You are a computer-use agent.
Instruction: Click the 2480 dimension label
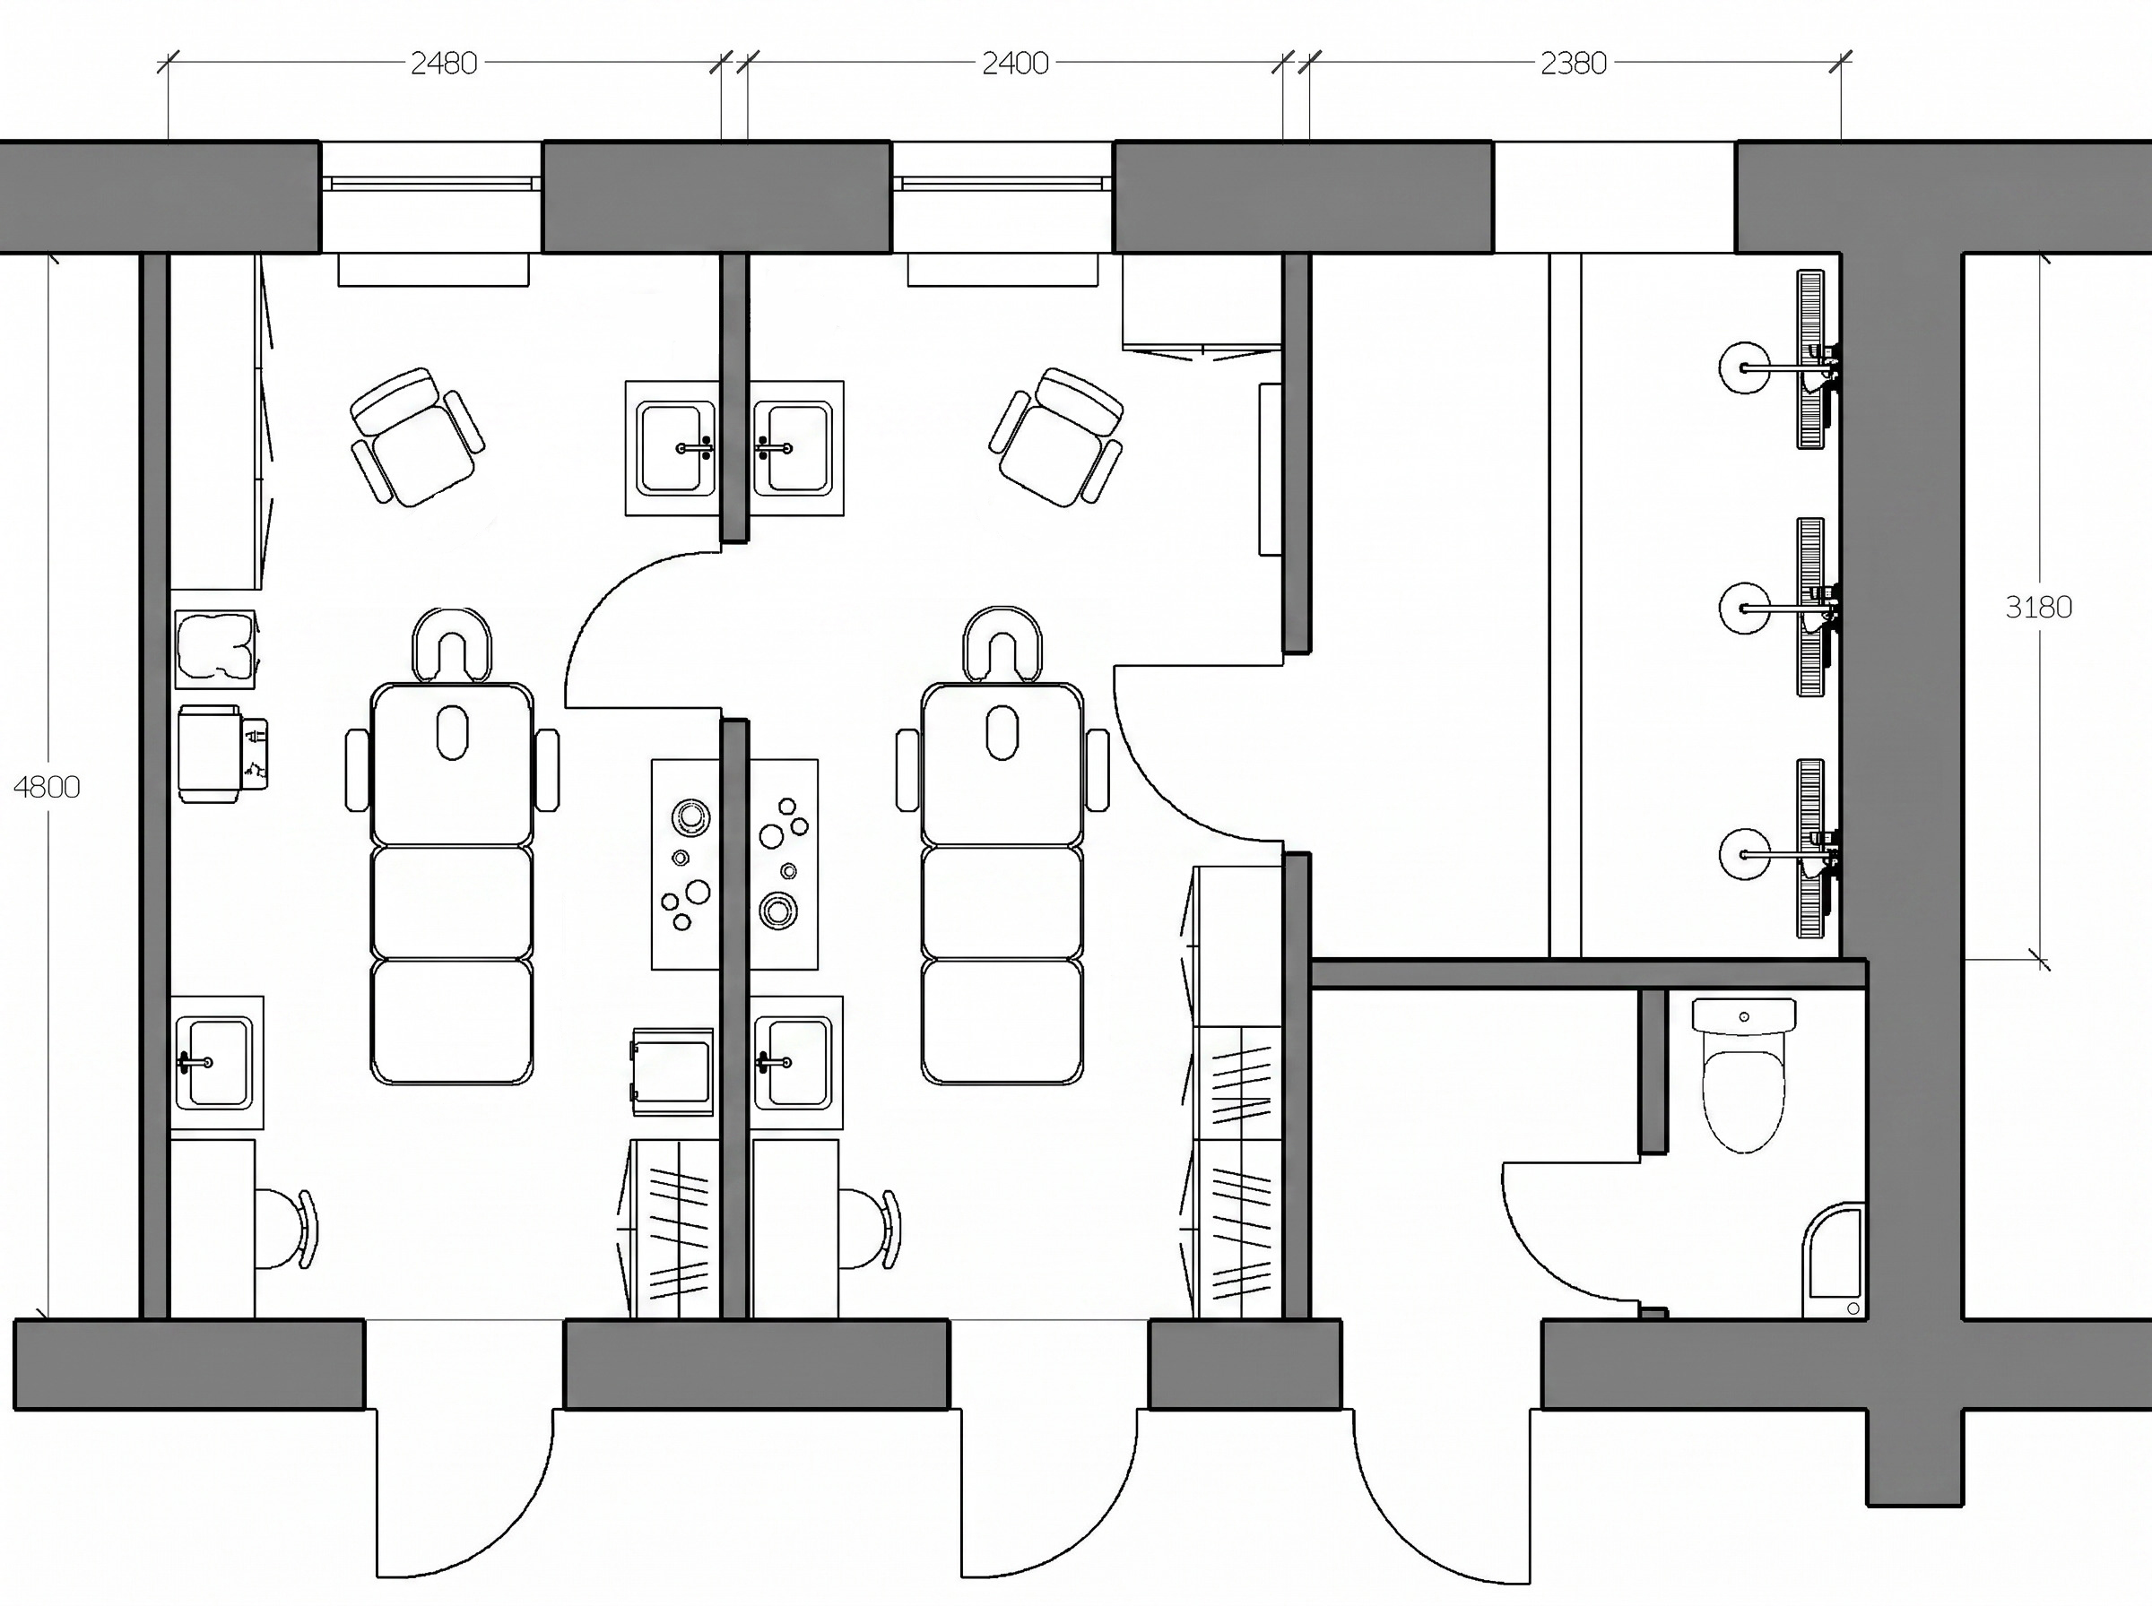(444, 64)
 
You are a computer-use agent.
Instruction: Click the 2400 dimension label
(1014, 64)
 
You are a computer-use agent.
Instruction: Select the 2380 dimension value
(1573, 64)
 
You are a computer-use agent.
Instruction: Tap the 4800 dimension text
(47, 787)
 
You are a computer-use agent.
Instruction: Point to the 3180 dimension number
(2038, 608)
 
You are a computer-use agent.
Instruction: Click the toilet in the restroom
(1744, 1075)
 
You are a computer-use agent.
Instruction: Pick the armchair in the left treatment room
(417, 436)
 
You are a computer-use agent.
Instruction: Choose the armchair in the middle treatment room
(1056, 436)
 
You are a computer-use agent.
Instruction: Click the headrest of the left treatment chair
(452, 643)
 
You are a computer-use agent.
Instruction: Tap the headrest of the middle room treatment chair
(1002, 643)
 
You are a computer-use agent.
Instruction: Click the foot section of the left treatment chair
(452, 1022)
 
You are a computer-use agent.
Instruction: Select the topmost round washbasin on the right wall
(1746, 367)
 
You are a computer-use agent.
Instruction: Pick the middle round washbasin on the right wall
(1746, 609)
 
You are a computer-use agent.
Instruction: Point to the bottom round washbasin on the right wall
(1746, 854)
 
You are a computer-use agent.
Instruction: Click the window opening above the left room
(430, 197)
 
